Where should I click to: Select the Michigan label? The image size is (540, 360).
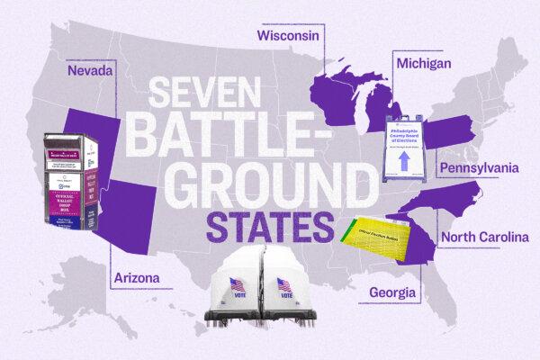(423, 65)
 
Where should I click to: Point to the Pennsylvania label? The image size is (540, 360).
(479, 167)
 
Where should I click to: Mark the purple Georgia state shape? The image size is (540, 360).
(412, 245)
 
